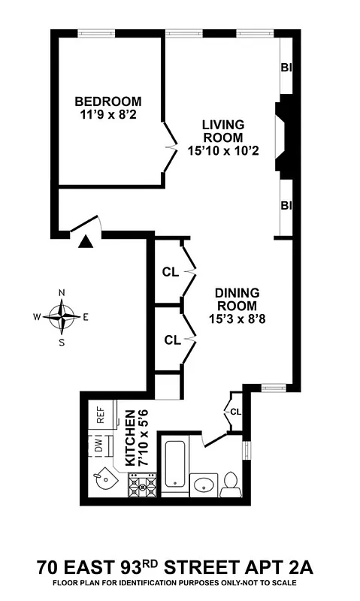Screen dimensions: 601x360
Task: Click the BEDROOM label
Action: (x=107, y=102)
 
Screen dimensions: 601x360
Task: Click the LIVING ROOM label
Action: (x=222, y=131)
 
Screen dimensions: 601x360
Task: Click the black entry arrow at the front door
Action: (x=86, y=241)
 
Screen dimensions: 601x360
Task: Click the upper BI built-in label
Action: (x=286, y=68)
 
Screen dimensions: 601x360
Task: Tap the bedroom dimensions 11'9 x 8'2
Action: (x=107, y=116)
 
